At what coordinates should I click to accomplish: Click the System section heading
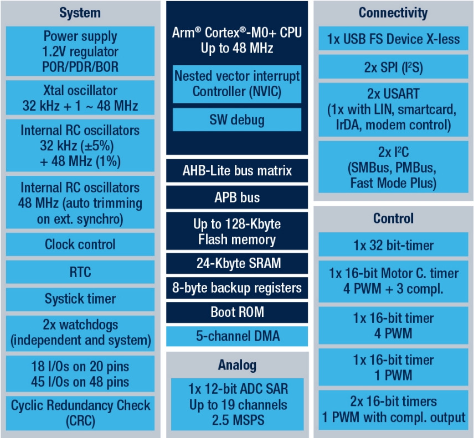pyautogui.click(x=80, y=13)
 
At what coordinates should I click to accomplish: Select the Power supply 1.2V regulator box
pyautogui.click(x=80, y=51)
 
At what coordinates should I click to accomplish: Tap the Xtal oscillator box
pyautogui.click(x=80, y=97)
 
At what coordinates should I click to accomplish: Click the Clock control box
pyautogui.click(x=80, y=244)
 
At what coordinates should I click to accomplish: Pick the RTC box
pyautogui.click(x=80, y=272)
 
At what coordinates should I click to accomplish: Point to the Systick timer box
pyautogui.click(x=80, y=299)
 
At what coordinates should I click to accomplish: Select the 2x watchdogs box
pyautogui.click(x=80, y=333)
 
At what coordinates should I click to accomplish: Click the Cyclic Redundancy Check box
pyautogui.click(x=80, y=413)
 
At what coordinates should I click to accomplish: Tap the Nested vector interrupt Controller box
pyautogui.click(x=237, y=84)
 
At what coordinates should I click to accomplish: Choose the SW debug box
pyautogui.click(x=237, y=119)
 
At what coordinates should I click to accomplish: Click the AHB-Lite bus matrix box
pyautogui.click(x=237, y=170)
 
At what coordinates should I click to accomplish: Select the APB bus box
pyautogui.click(x=237, y=197)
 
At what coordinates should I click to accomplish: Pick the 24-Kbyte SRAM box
pyautogui.click(x=237, y=263)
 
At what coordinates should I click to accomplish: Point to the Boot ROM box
pyautogui.click(x=237, y=312)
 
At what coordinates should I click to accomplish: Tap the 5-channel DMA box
pyautogui.click(x=237, y=336)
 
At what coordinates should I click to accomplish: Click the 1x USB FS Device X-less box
pyautogui.click(x=393, y=38)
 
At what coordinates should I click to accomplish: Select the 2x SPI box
pyautogui.click(x=393, y=67)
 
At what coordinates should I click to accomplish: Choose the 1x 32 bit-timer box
pyautogui.click(x=393, y=244)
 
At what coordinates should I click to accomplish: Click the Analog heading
pyautogui.click(x=238, y=365)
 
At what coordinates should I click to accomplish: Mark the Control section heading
pyautogui.click(x=393, y=218)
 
